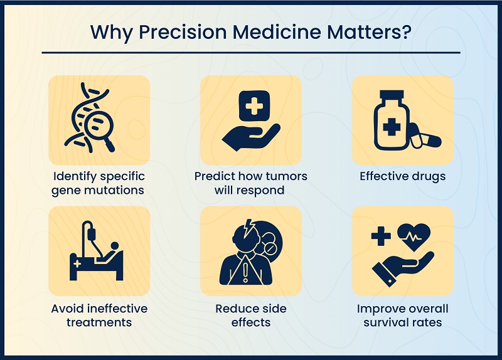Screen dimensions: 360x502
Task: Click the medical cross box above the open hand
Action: click(254, 107)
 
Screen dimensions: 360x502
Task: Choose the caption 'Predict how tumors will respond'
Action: click(251, 183)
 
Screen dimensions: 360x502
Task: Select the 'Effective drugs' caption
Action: click(402, 176)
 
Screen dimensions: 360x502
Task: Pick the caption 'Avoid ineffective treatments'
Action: click(100, 315)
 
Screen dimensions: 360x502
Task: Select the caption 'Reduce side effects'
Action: click(251, 315)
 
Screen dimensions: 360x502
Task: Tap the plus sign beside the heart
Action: click(380, 236)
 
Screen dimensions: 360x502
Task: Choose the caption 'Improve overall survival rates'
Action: click(402, 315)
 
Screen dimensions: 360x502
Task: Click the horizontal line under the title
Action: click(251, 53)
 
